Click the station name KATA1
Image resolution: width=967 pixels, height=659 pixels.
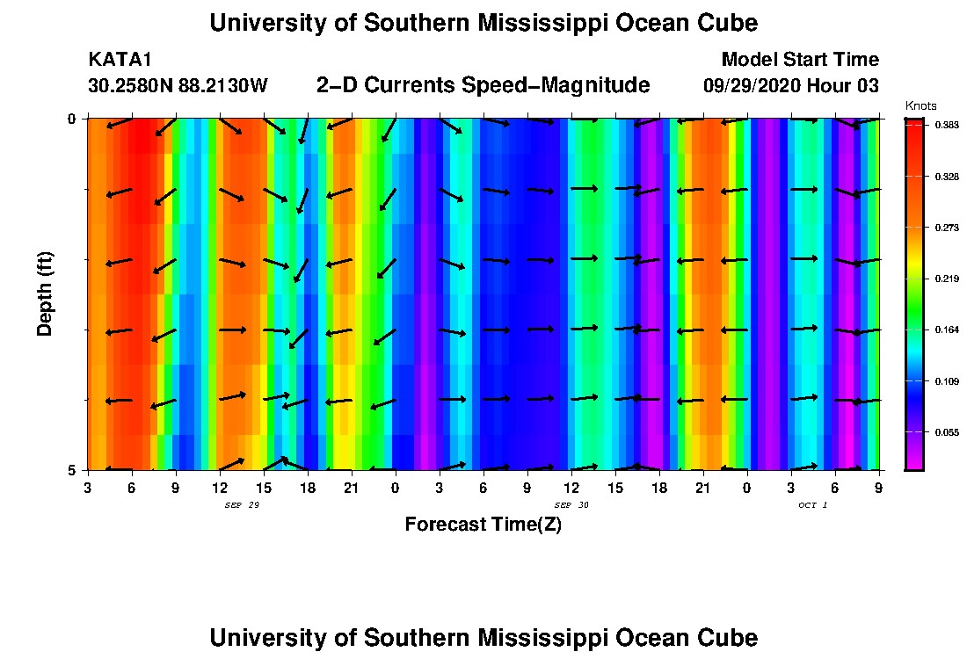[120, 60]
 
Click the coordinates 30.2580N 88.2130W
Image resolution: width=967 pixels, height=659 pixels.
[178, 86]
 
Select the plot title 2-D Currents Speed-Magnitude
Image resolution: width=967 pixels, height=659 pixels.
[484, 85]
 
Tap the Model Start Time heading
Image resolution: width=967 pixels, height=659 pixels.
[799, 60]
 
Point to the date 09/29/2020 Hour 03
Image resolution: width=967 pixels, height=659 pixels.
[791, 86]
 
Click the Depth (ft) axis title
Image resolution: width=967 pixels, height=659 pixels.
[45, 293]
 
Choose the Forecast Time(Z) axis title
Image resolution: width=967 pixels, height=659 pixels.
[483, 525]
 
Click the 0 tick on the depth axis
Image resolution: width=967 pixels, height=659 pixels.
[73, 119]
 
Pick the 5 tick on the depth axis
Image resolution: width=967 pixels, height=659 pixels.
[73, 470]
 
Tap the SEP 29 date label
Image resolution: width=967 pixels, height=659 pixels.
[243, 505]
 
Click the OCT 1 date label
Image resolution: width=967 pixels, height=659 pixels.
[812, 505]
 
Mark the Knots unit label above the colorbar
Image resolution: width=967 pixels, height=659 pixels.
[920, 105]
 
